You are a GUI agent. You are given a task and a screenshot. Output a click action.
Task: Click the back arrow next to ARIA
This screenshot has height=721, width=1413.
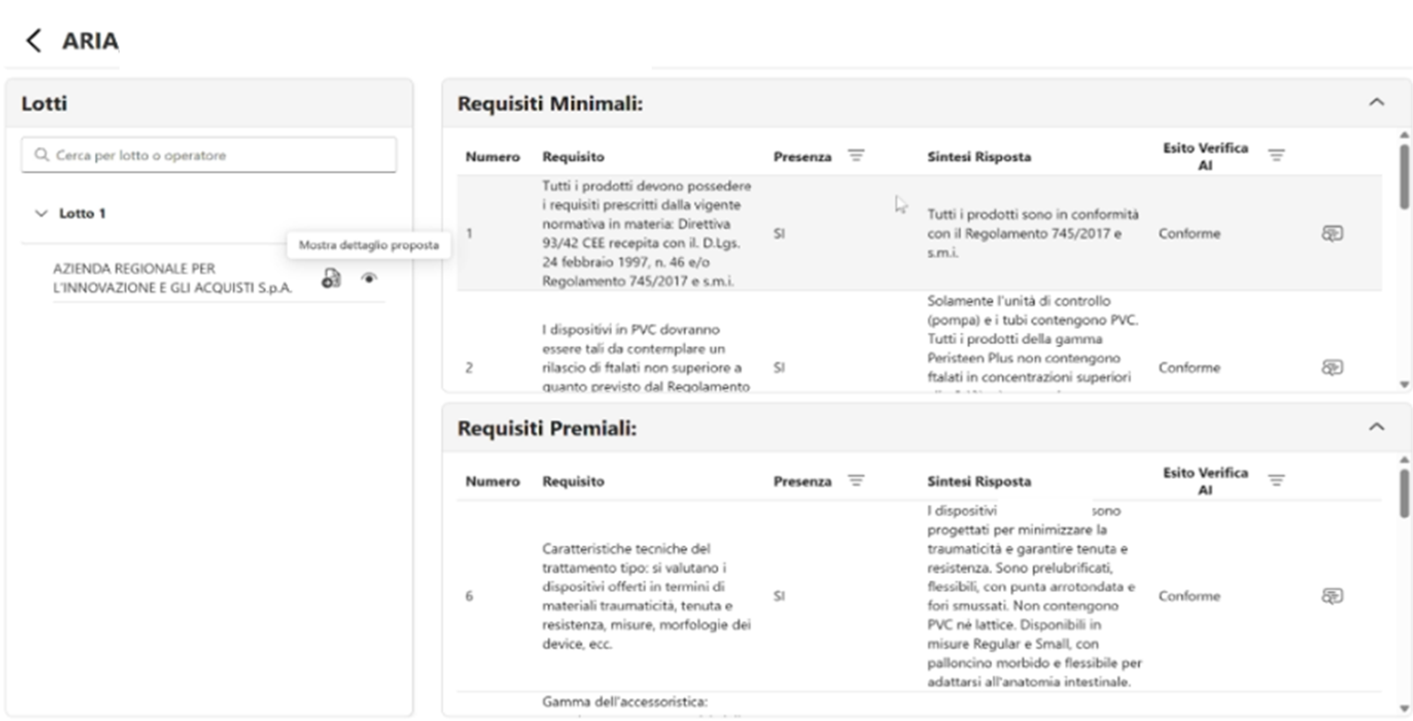click(34, 41)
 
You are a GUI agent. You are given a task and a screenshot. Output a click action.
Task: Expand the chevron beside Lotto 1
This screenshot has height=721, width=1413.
click(41, 213)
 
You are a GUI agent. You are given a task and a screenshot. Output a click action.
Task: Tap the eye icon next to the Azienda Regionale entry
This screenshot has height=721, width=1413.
click(369, 279)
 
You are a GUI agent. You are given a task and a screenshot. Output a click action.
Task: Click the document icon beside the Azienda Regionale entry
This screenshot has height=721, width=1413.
click(331, 279)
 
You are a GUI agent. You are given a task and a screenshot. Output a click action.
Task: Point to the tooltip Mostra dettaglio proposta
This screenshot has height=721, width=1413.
click(369, 245)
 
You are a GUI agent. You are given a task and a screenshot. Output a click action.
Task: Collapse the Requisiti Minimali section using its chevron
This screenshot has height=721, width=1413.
click(1376, 102)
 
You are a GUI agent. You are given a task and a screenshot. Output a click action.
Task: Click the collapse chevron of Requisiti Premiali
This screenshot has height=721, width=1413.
click(1376, 428)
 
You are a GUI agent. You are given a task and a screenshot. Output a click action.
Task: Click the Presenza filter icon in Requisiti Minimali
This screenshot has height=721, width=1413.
click(856, 156)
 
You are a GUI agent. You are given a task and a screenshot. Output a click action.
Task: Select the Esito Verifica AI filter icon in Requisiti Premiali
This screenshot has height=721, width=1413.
click(1276, 480)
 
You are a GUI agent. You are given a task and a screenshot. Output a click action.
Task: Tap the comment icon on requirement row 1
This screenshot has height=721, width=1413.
click(1332, 234)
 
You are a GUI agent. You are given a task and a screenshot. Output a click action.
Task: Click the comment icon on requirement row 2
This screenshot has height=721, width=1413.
click(1332, 367)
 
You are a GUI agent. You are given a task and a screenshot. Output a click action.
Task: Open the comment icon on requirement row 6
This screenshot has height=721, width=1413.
click(1332, 596)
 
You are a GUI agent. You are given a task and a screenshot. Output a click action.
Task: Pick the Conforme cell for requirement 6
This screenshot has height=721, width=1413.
click(1189, 596)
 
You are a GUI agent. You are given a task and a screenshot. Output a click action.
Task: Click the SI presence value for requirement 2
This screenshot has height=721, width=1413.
click(779, 367)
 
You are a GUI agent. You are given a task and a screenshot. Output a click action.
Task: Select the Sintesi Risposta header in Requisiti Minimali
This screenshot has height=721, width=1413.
click(979, 157)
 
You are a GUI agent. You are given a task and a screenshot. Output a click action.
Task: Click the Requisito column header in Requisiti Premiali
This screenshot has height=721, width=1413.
click(573, 481)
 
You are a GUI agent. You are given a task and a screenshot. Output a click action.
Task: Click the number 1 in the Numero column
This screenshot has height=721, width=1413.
click(469, 234)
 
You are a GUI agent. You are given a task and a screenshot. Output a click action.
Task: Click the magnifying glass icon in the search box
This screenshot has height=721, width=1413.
click(41, 155)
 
